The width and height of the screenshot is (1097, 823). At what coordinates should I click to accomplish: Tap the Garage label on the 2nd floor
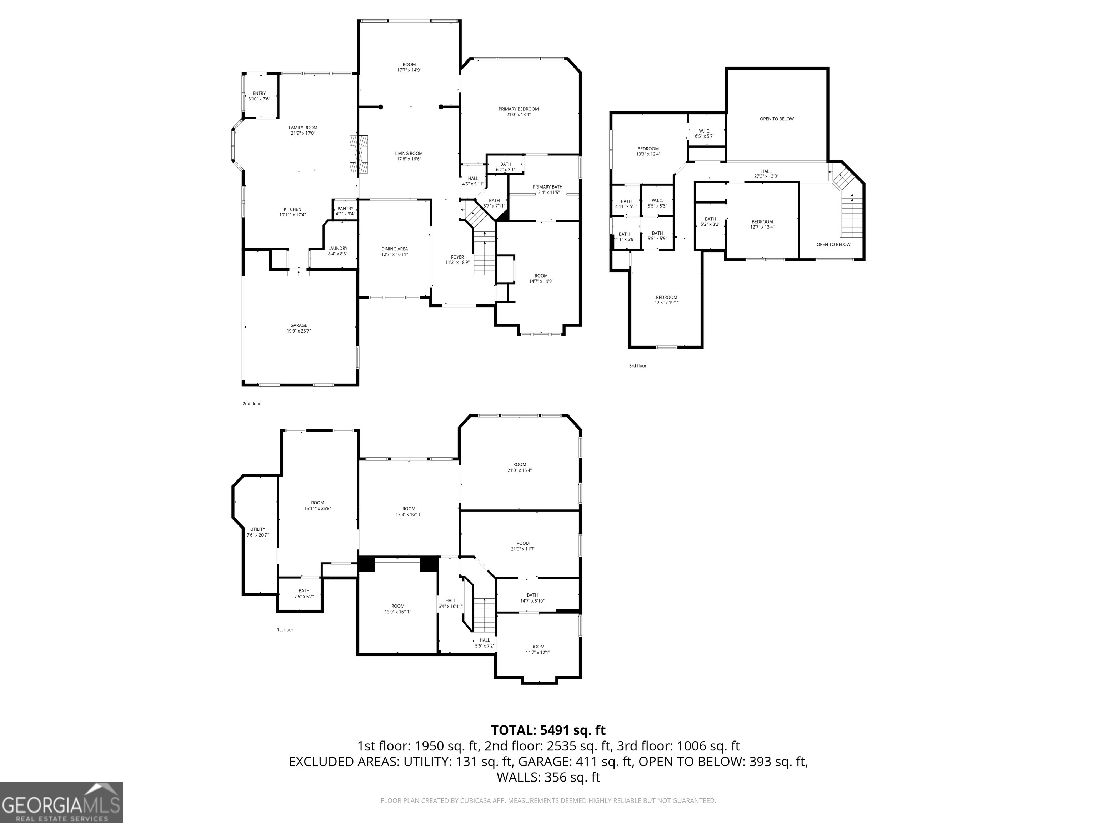tap(299, 325)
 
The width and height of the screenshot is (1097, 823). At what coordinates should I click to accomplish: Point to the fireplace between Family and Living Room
tap(358, 154)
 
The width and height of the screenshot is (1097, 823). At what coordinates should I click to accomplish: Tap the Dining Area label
tap(395, 249)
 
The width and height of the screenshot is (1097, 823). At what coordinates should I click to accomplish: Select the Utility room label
tap(257, 529)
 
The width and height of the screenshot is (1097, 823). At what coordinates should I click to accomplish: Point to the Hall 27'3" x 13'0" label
tap(766, 171)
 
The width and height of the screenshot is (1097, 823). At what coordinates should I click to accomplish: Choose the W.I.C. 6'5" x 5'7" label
tap(704, 131)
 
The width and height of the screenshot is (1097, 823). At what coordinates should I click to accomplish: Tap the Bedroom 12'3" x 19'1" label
tap(667, 298)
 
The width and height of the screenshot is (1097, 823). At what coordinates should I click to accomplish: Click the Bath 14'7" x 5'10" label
tap(532, 595)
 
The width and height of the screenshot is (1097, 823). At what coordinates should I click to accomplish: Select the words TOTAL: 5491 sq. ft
tap(548, 730)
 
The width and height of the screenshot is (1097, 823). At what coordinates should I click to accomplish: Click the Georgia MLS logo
tap(61, 802)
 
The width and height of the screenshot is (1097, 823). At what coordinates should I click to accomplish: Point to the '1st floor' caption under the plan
tap(285, 629)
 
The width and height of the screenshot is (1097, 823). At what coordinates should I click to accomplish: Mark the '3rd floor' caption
tap(638, 366)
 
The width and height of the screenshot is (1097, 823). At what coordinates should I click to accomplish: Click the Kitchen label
tap(292, 209)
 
